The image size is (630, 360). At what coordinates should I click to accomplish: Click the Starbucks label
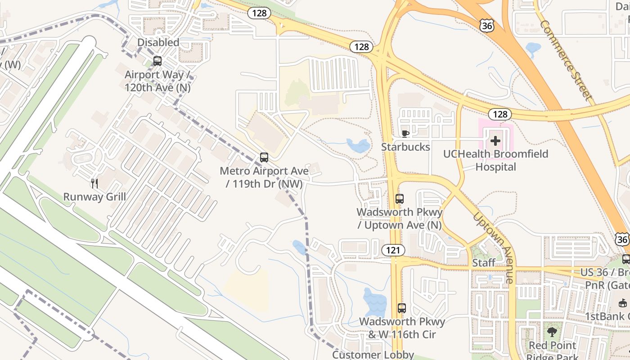pyautogui.click(x=405, y=147)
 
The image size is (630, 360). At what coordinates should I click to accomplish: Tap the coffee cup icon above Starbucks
pyautogui.click(x=405, y=134)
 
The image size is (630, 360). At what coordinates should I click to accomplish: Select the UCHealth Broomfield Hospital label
pyautogui.click(x=495, y=160)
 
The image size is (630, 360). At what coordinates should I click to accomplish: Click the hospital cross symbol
pyautogui.click(x=495, y=141)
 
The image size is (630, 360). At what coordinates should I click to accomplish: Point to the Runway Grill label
pyautogui.click(x=94, y=197)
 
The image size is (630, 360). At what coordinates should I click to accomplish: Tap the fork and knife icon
pyautogui.click(x=94, y=183)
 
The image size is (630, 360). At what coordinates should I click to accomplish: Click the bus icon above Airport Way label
pyautogui.click(x=157, y=61)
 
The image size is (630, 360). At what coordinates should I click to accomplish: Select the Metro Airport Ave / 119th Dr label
pyautogui.click(x=264, y=177)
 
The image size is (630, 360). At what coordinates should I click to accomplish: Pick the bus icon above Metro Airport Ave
pyautogui.click(x=264, y=157)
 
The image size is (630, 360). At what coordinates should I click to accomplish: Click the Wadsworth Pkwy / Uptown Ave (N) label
pyautogui.click(x=400, y=218)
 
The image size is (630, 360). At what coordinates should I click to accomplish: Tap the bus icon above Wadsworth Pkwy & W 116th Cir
pyautogui.click(x=402, y=308)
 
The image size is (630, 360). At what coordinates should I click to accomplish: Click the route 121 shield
pyautogui.click(x=393, y=250)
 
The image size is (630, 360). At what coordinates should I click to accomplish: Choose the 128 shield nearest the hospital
pyautogui.click(x=500, y=114)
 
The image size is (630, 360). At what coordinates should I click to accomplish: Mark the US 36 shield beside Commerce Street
pyautogui.click(x=487, y=26)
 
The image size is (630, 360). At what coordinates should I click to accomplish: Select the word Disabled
pyautogui.click(x=158, y=42)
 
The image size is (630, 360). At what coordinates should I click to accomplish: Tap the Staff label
pyautogui.click(x=484, y=263)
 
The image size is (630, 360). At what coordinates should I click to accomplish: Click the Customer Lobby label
pyautogui.click(x=373, y=355)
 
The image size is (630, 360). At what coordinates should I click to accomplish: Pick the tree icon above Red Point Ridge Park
pyautogui.click(x=552, y=333)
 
